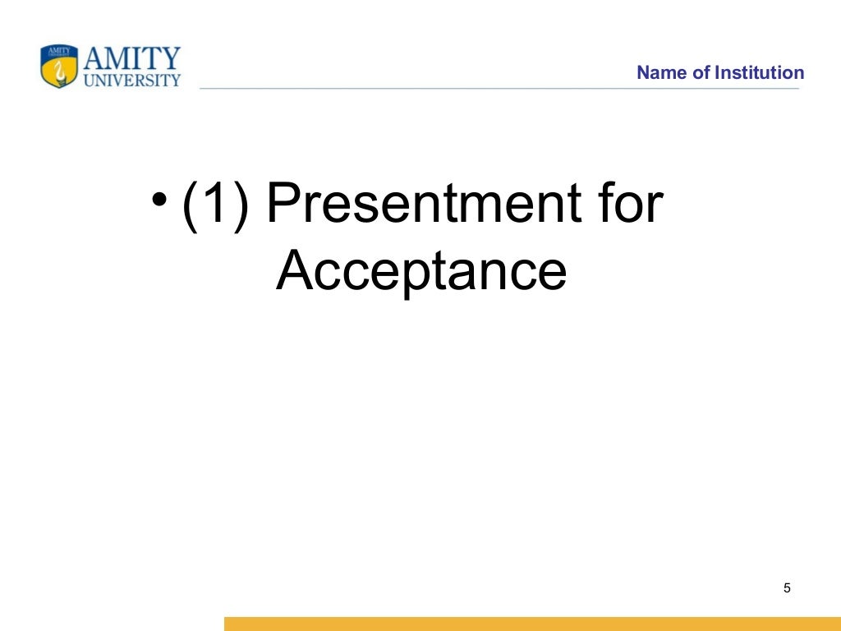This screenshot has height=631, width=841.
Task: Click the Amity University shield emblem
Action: pos(59,66)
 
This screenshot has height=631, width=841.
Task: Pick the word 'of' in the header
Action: pos(701,73)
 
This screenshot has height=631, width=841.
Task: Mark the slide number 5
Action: pos(787,588)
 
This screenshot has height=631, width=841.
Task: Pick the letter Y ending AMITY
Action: pos(170,59)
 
